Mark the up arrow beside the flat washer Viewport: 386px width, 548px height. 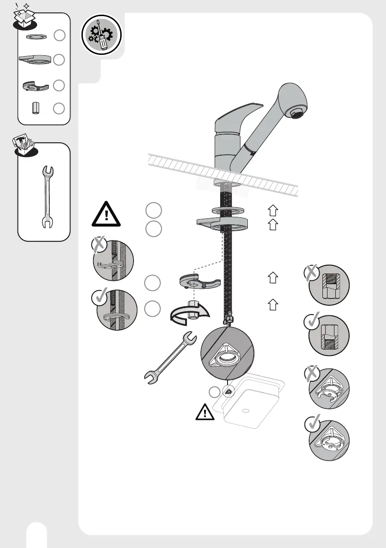click(x=273, y=211)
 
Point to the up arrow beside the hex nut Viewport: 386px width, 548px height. click(x=273, y=304)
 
